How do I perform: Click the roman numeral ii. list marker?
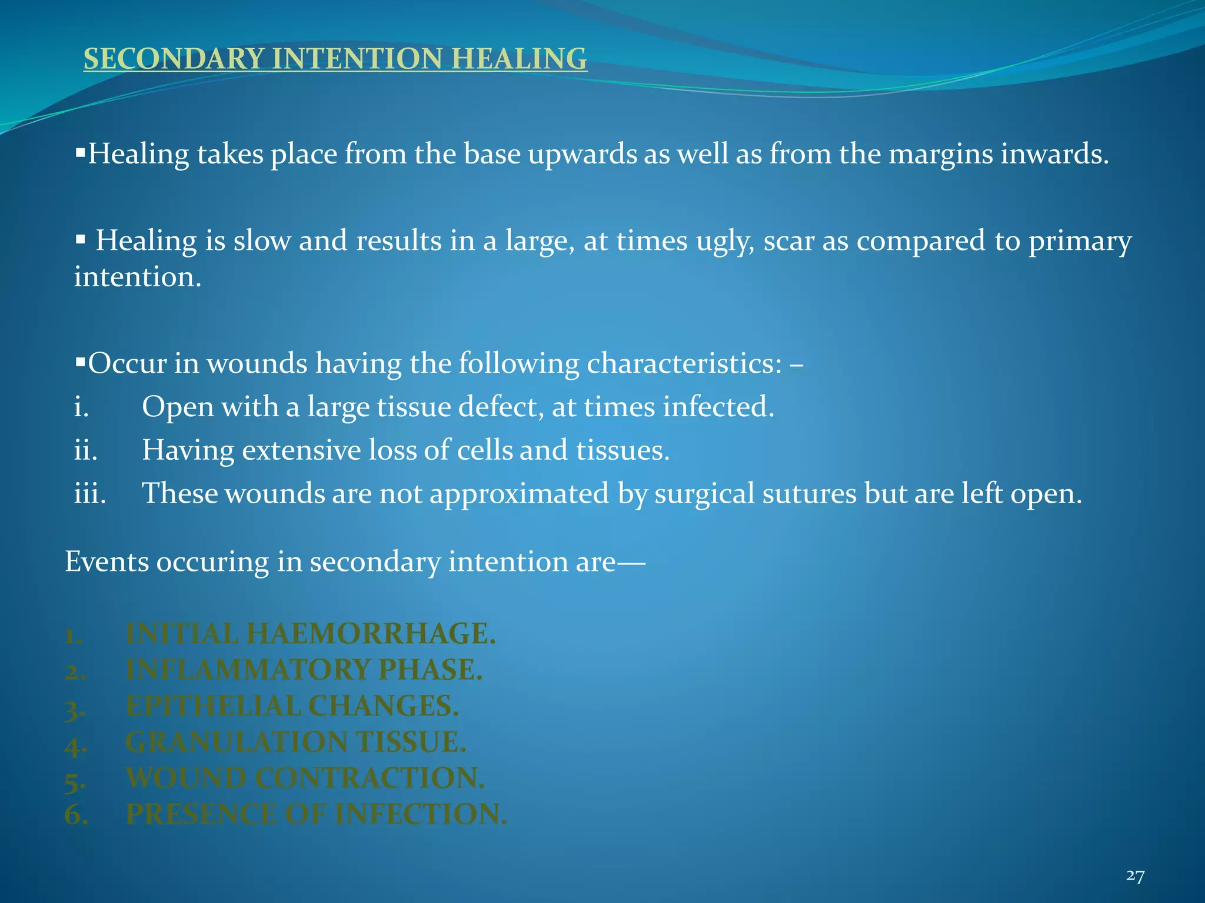point(85,450)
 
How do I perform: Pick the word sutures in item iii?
point(809,493)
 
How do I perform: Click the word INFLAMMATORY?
point(247,670)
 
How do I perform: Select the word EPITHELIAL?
point(212,706)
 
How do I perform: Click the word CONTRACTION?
point(371,778)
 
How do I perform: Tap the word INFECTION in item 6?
point(421,815)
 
